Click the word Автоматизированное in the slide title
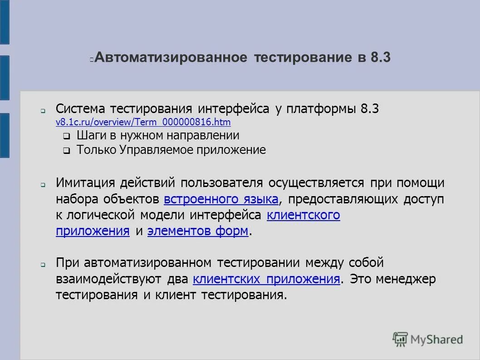171,58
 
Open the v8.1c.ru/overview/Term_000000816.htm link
143,122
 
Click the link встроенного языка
221,199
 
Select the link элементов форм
198,231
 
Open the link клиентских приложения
266,279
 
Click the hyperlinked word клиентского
304,215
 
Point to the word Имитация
86,183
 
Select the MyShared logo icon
400,339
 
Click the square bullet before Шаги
66,136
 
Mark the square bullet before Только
66,151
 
